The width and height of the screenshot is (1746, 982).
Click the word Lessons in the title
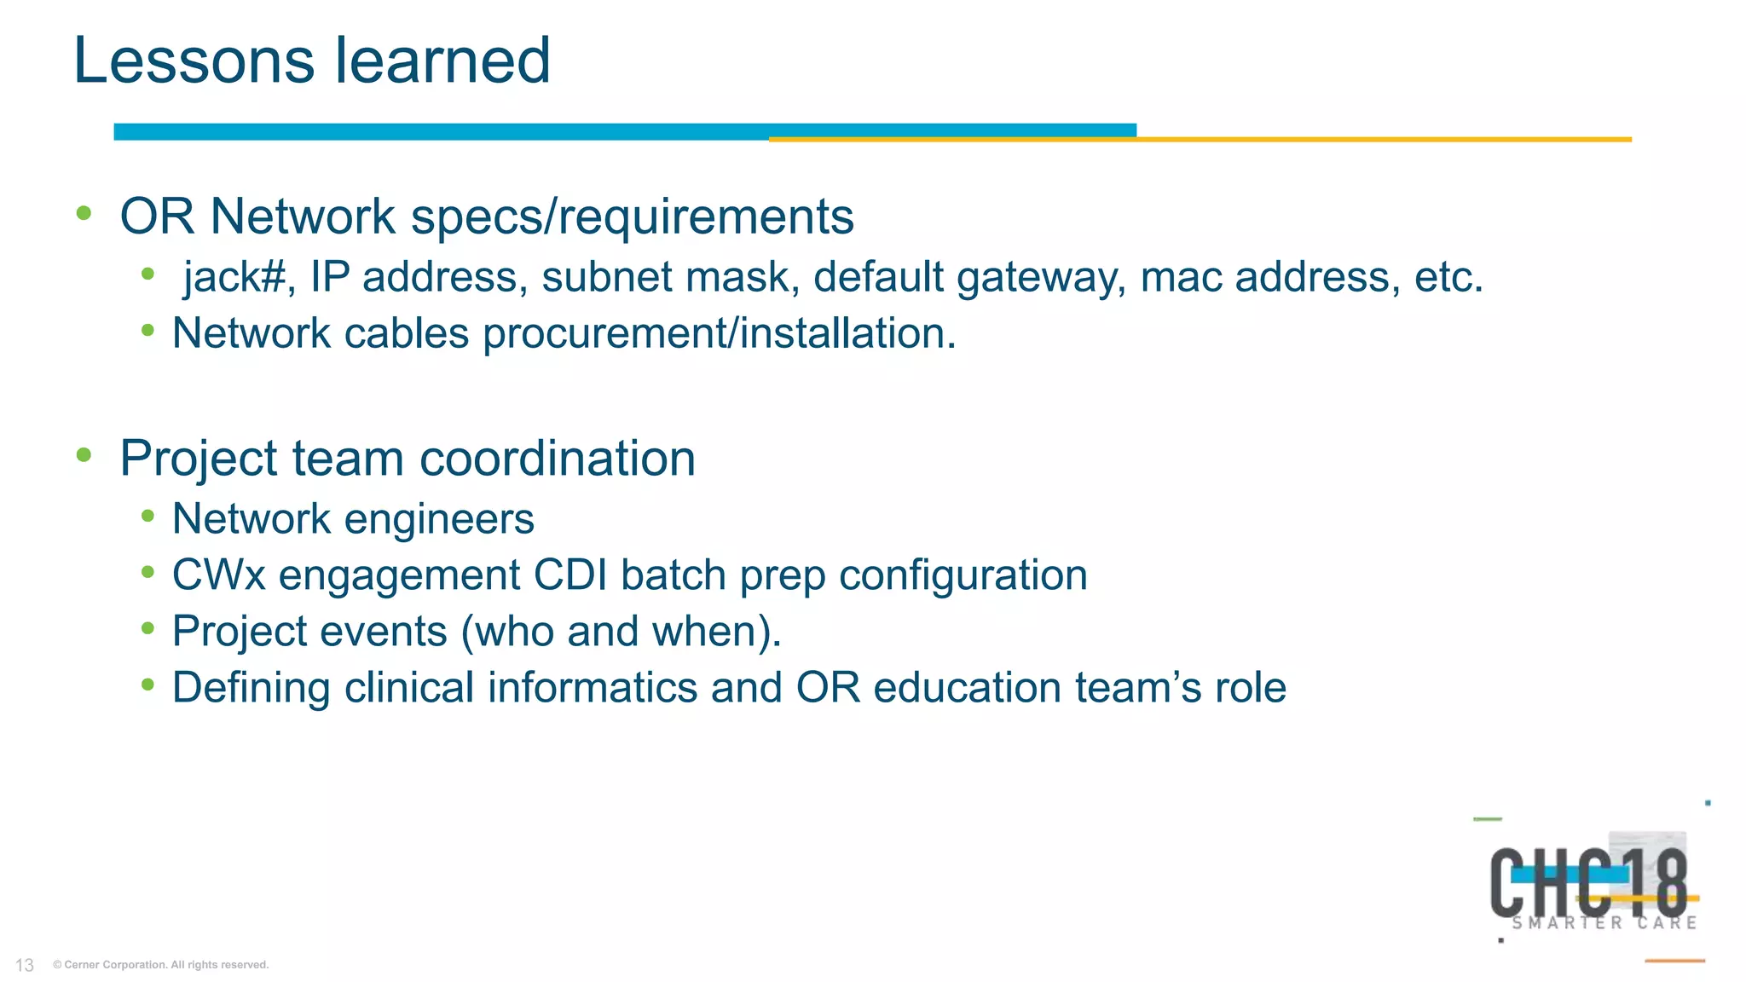click(x=194, y=61)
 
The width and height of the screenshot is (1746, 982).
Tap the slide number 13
click(x=25, y=965)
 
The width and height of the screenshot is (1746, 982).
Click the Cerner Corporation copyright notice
click(x=161, y=965)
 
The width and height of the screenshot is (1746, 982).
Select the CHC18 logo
click(x=1588, y=882)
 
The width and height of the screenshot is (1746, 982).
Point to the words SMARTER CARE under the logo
click(x=1604, y=923)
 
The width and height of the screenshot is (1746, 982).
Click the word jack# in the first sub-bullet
click(x=234, y=277)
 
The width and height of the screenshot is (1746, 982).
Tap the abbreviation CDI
click(x=569, y=575)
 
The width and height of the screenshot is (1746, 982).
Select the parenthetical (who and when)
click(x=621, y=633)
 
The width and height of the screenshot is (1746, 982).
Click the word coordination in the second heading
click(x=558, y=459)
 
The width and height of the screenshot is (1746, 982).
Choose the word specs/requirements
click(x=632, y=217)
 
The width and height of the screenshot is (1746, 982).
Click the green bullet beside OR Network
click(x=84, y=213)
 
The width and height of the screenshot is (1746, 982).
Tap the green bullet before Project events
click(x=148, y=629)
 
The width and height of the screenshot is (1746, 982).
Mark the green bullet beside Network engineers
click(x=148, y=517)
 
